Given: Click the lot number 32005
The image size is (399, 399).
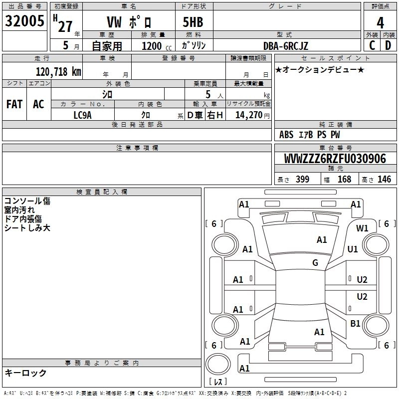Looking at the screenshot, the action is point(24,21).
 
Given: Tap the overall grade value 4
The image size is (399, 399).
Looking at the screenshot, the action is point(380,23).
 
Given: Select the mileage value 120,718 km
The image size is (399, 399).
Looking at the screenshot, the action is point(58,72).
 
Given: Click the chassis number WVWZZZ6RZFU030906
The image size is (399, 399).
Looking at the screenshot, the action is point(335,159).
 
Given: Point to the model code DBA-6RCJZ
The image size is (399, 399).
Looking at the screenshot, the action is point(286,46).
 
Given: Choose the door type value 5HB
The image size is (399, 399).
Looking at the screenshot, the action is point(193,22).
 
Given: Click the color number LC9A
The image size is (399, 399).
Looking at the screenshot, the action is point(82,115).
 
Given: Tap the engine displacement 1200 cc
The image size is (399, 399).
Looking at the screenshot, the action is point(157,46).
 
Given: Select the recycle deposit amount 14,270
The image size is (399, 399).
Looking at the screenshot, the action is point(248,115).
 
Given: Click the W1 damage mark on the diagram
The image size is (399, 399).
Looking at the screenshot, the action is point(362,228).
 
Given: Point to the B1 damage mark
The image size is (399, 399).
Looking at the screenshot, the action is point(355,323).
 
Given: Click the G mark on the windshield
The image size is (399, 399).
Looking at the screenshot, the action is point(315,263).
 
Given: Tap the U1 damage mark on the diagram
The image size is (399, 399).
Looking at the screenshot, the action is point(353,249).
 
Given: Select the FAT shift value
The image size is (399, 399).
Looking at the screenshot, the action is point(14,104).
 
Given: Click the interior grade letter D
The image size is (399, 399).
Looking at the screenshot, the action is point(388,45).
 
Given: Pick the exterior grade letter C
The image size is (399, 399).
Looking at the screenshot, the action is point(372,45).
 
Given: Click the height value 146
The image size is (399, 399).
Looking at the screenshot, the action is point(384,179).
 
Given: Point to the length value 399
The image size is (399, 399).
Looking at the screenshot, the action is point(303,179).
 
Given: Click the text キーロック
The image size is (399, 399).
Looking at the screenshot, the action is point(26,373).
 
